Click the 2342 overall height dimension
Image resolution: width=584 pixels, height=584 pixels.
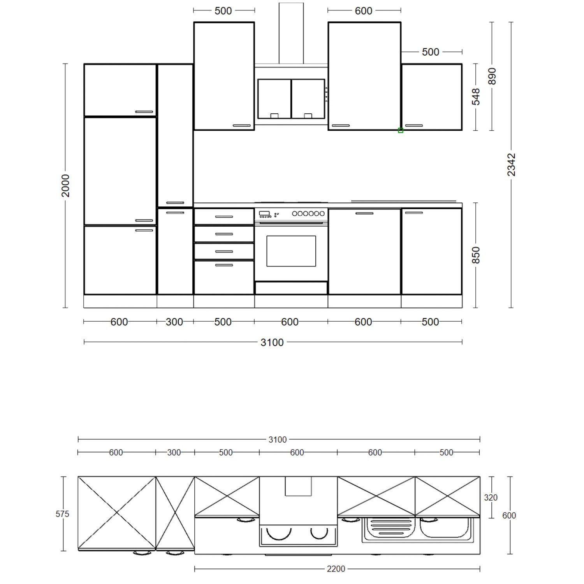point(511,165)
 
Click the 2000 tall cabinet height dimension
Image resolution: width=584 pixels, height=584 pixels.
point(65,185)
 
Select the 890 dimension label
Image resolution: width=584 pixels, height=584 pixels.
point(492,76)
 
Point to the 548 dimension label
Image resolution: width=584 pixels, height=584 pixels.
point(476,97)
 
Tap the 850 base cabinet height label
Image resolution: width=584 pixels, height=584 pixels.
point(476,255)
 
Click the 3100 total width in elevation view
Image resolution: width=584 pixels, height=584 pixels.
point(272,343)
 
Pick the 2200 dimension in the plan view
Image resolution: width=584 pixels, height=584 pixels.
point(336,569)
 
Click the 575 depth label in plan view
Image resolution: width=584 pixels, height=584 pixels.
point(62,514)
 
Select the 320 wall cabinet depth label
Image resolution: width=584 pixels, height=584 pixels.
point(491,498)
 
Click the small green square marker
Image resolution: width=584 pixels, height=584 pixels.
point(401,130)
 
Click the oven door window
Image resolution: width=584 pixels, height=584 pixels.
point(291,251)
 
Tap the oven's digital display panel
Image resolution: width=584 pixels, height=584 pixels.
point(264,213)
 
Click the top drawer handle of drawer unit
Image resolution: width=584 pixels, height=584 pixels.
point(224,217)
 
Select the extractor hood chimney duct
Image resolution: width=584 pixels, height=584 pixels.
point(291,33)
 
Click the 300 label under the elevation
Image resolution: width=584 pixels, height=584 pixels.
point(174,322)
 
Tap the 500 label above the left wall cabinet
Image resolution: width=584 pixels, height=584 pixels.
point(223,11)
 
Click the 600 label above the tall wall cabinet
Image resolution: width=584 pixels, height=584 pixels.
point(363,11)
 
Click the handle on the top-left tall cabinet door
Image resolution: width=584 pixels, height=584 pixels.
point(144,112)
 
